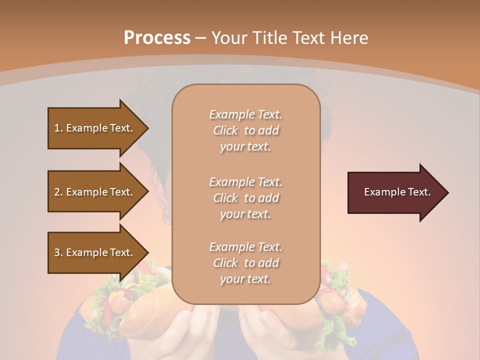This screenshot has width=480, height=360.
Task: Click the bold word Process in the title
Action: (157, 37)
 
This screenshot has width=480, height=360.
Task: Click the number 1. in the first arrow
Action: (58, 128)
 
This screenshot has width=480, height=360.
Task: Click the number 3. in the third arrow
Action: (58, 252)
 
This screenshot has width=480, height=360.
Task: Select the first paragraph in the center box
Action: (245, 130)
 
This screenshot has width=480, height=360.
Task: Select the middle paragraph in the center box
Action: (245, 198)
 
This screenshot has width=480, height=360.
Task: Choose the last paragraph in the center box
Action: (245, 263)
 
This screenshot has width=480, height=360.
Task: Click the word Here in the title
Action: (349, 37)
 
